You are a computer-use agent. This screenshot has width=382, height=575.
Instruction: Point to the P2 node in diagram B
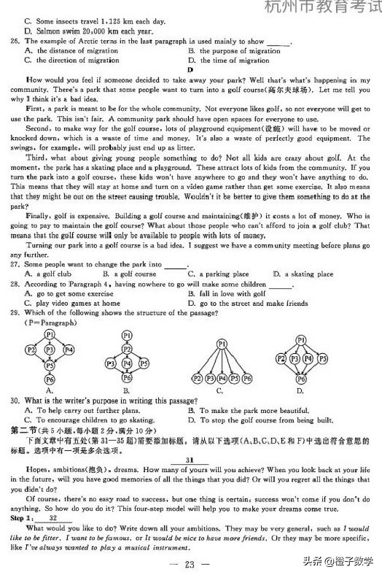point(127,349)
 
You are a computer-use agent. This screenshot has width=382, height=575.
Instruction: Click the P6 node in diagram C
point(247,379)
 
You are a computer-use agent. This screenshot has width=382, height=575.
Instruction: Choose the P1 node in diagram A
point(50,334)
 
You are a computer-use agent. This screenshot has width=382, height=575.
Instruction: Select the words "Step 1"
point(20,517)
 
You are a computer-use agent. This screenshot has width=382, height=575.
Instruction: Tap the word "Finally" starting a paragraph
point(36,216)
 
